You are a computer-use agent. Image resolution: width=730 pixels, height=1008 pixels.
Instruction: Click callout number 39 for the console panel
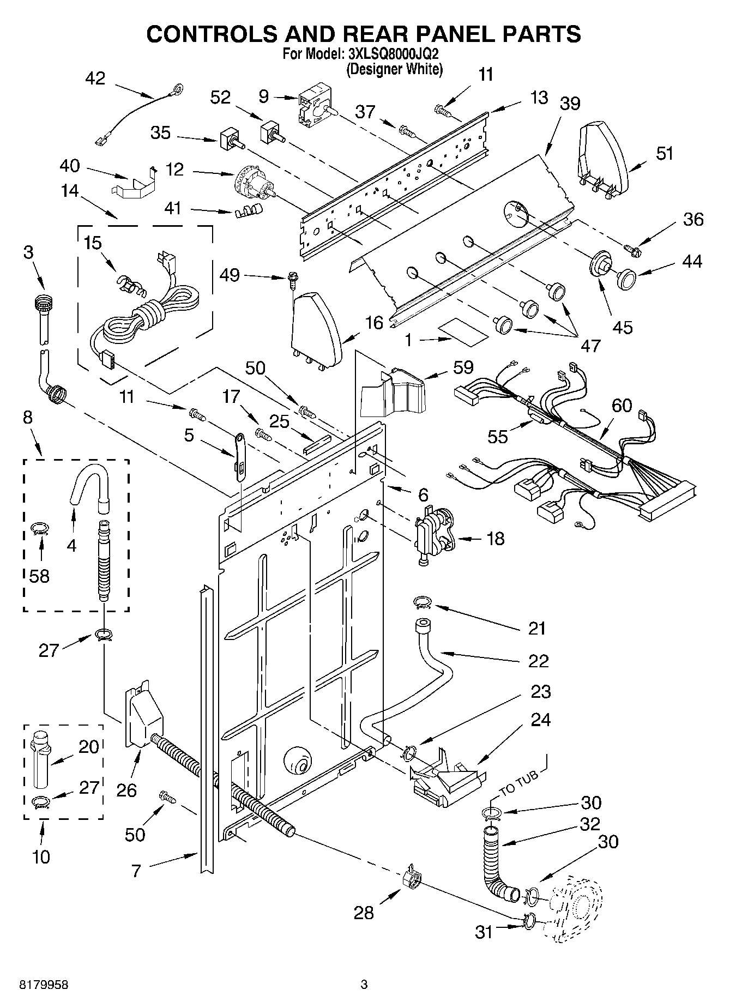570,104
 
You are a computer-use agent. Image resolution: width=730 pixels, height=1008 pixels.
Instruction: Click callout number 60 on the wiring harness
622,406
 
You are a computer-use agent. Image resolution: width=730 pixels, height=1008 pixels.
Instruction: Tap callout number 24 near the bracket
540,720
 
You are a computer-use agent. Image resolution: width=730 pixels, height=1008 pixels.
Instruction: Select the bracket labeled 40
136,184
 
